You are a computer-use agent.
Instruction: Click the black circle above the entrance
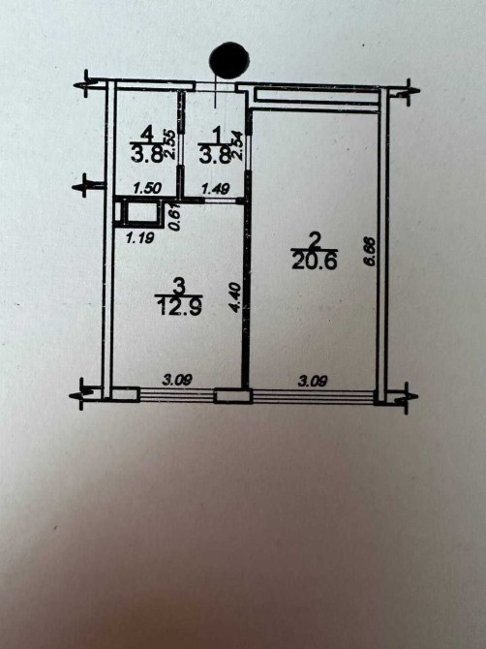tap(229, 60)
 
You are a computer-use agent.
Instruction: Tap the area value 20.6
tap(315, 262)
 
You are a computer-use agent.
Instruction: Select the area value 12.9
tap(179, 307)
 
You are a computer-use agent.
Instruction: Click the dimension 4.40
tap(234, 296)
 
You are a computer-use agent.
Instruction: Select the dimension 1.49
tap(215, 189)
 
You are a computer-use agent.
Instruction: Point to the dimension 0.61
tap(175, 216)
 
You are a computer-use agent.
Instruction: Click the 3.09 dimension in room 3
tap(177, 380)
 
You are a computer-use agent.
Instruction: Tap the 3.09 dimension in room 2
tap(313, 380)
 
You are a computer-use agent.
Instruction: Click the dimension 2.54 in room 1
tap(236, 145)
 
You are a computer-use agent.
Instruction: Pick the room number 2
tap(316, 240)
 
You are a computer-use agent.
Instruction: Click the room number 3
tap(179, 285)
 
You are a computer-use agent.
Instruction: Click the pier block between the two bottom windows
tap(233, 395)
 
